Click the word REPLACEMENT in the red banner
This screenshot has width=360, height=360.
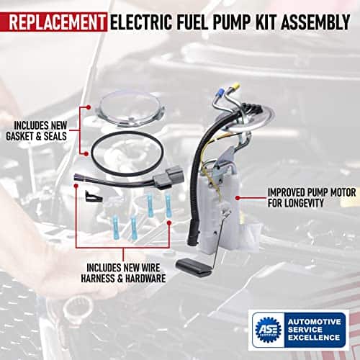point(57,22)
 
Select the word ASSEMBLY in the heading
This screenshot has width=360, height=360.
point(315,22)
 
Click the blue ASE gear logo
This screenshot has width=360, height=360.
point(268,330)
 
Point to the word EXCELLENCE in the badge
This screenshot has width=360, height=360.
point(314,338)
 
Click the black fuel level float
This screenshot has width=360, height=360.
point(194,267)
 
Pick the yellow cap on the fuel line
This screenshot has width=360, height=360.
point(235,86)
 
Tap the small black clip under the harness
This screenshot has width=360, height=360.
point(94,196)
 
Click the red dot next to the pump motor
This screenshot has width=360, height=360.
point(238,198)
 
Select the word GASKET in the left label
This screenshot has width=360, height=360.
point(20,136)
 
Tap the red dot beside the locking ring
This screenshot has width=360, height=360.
point(89,107)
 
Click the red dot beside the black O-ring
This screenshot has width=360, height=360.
point(86,154)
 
